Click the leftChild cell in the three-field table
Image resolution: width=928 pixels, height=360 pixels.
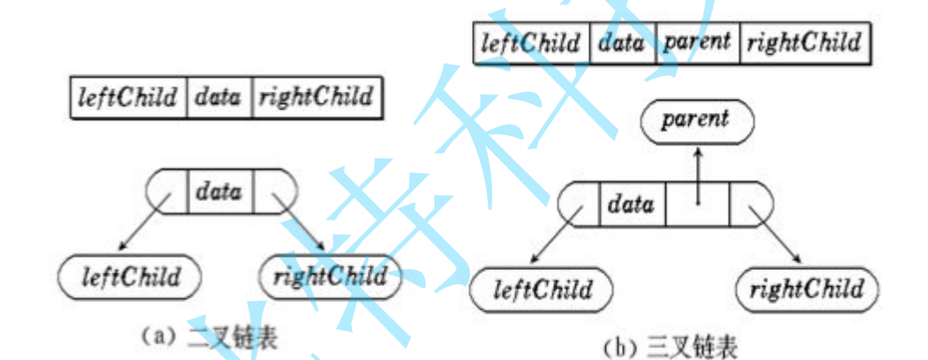[x=128, y=97]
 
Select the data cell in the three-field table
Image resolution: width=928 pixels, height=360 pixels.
[x=219, y=97]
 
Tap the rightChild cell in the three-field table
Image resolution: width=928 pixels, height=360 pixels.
[x=316, y=97]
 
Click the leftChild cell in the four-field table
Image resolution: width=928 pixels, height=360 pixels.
[x=532, y=42]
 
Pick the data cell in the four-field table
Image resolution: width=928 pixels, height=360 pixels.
[x=623, y=42]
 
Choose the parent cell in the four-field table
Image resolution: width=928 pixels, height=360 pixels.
[x=698, y=42]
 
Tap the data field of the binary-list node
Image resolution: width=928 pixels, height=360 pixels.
[x=219, y=190]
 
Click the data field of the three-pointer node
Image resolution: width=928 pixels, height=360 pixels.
[x=632, y=205]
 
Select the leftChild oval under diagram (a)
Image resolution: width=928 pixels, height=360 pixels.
[x=130, y=277]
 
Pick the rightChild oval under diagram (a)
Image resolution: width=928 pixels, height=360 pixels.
[x=330, y=277]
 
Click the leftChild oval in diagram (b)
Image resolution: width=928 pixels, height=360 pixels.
[x=541, y=289]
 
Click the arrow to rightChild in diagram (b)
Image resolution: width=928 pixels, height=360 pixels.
[x=774, y=236]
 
